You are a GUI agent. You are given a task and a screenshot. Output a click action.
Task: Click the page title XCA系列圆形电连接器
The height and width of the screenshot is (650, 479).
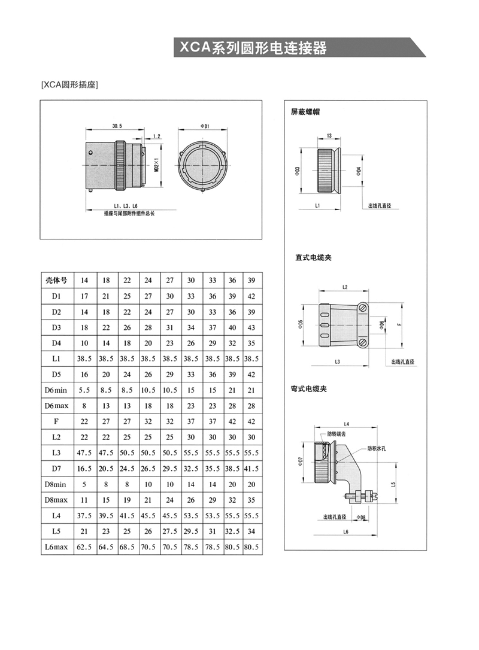click(250, 48)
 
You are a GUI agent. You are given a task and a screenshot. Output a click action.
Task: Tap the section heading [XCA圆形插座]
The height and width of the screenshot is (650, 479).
click(69, 85)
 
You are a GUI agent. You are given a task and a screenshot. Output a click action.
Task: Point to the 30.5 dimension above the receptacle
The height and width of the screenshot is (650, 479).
click(117, 126)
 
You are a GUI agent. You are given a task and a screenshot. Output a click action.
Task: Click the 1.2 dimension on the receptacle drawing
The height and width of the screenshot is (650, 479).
click(157, 136)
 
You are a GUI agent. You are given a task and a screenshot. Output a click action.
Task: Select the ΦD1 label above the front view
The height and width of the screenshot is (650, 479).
click(204, 126)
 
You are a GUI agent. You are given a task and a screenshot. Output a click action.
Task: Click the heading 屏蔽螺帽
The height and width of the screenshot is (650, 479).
click(307, 111)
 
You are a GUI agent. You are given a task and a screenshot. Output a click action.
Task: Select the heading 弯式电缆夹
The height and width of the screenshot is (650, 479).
click(313, 389)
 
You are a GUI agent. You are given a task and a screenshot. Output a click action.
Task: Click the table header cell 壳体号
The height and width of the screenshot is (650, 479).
click(57, 280)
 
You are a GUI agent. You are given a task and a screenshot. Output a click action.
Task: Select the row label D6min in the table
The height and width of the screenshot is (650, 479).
click(57, 390)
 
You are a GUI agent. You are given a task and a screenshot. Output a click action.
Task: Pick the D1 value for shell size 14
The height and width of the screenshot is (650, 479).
click(84, 296)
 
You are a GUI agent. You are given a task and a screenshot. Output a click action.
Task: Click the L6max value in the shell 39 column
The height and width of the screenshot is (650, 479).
click(251, 546)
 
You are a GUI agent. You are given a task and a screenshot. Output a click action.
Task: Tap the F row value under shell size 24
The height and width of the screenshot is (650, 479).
click(148, 421)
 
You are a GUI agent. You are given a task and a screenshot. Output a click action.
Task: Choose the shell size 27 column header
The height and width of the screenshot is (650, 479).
click(170, 280)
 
